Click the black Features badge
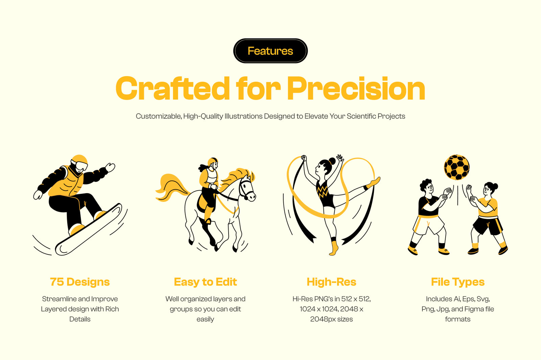(270, 51)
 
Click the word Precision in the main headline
(356, 88)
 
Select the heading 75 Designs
(80, 282)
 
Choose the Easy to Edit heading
(205, 282)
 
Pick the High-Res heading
(331, 282)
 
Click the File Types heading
(458, 282)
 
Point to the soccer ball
(457, 167)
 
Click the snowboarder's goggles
(80, 166)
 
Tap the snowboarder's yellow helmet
(79, 160)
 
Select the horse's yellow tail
(170, 187)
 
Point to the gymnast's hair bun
(332, 161)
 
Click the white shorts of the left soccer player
(428, 225)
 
